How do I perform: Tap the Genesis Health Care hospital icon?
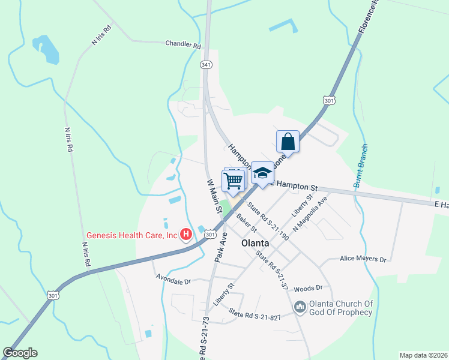(x=186, y=235)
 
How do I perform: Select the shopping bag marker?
(x=288, y=142)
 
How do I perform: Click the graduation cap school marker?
(x=262, y=174)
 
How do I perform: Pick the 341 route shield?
(x=206, y=64)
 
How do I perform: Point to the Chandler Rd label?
(x=183, y=44)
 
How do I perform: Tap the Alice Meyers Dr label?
(x=363, y=259)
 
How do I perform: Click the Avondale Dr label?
(x=173, y=280)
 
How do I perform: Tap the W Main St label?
(x=214, y=196)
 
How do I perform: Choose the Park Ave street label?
(x=220, y=245)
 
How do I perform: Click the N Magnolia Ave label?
(x=310, y=214)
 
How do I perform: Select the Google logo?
(x=20, y=353)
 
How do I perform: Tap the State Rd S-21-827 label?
(x=255, y=316)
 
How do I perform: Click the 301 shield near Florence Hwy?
(x=328, y=101)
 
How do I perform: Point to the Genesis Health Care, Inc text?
(x=132, y=235)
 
